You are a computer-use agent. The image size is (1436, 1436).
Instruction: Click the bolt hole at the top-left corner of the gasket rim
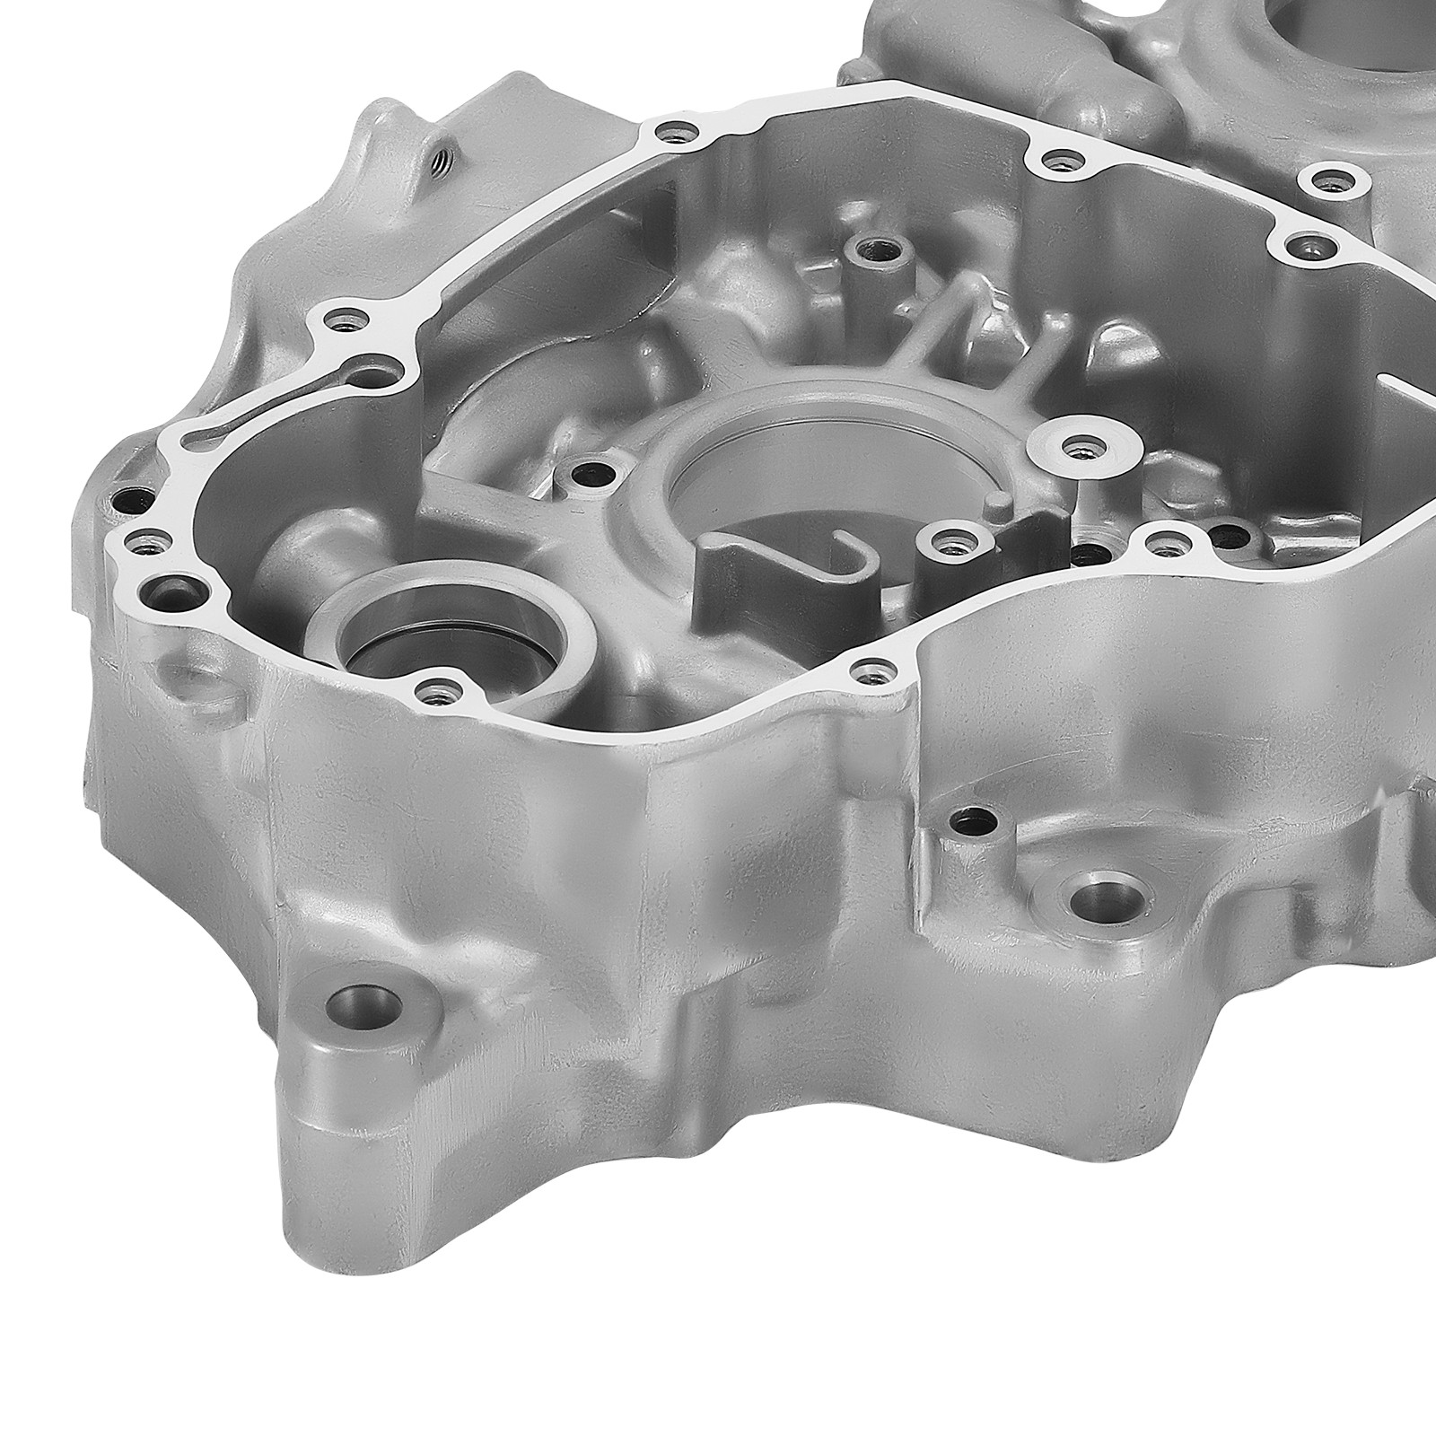click(x=674, y=134)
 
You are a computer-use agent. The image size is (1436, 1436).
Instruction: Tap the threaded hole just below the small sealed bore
click(x=437, y=691)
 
